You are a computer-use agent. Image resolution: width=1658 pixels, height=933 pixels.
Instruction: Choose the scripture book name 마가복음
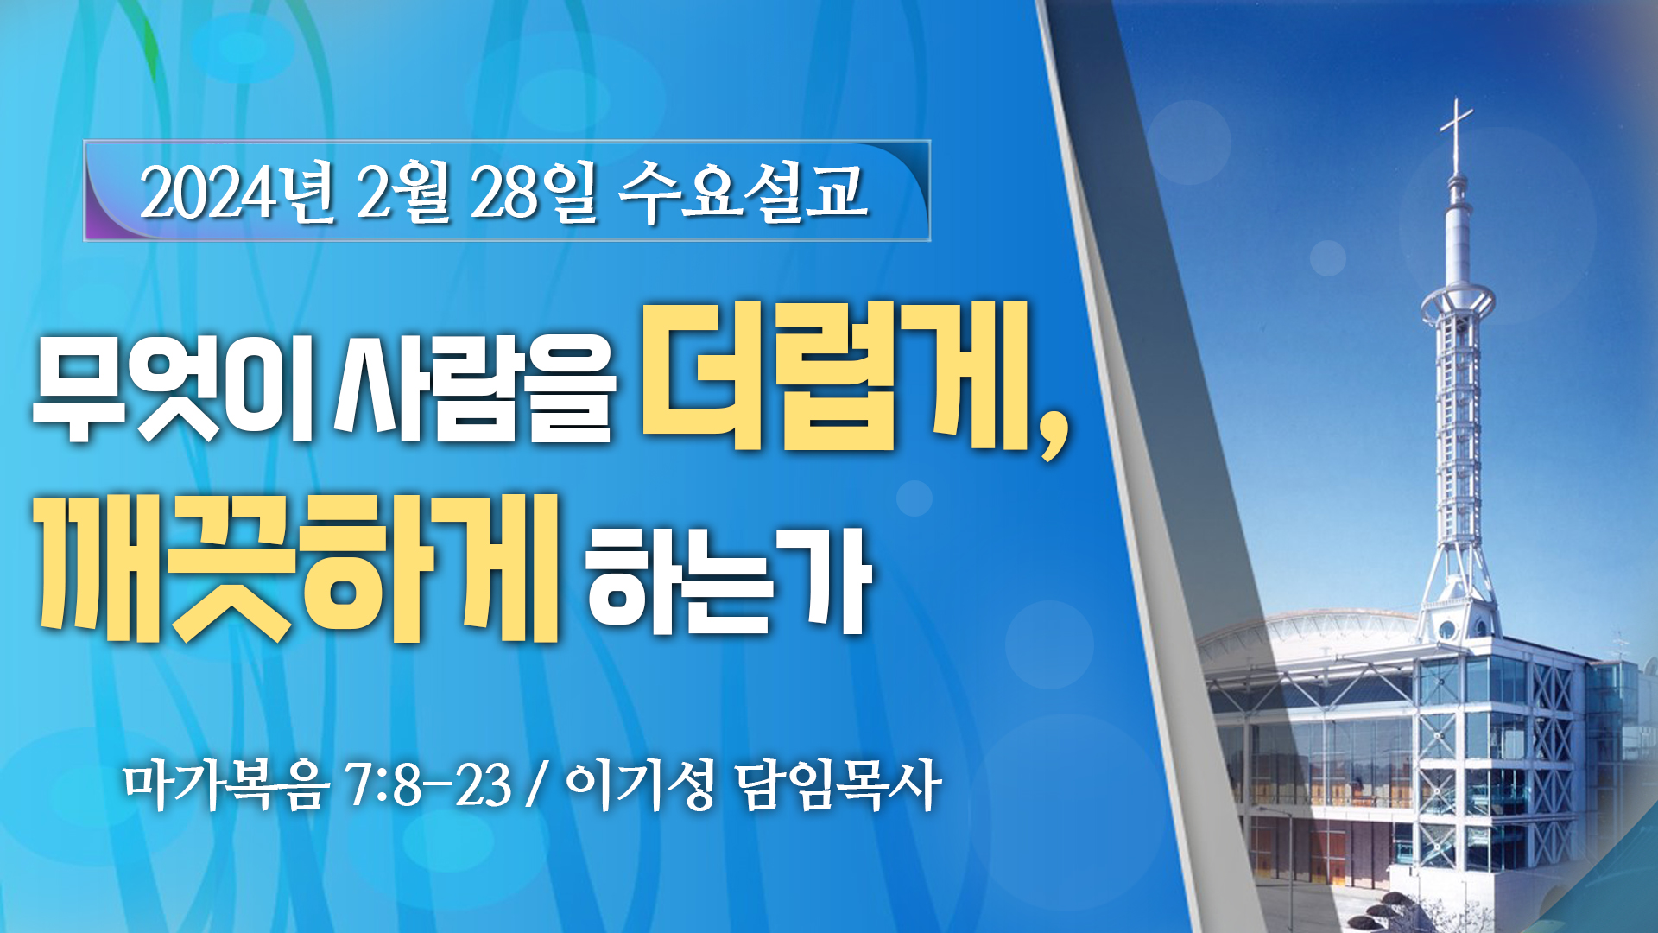tap(226, 785)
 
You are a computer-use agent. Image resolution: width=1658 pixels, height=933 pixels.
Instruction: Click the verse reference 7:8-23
tap(428, 785)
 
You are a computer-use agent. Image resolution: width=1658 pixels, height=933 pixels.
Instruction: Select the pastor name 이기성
tap(640, 785)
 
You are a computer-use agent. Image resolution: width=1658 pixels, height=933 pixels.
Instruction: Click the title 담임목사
tap(838, 785)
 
